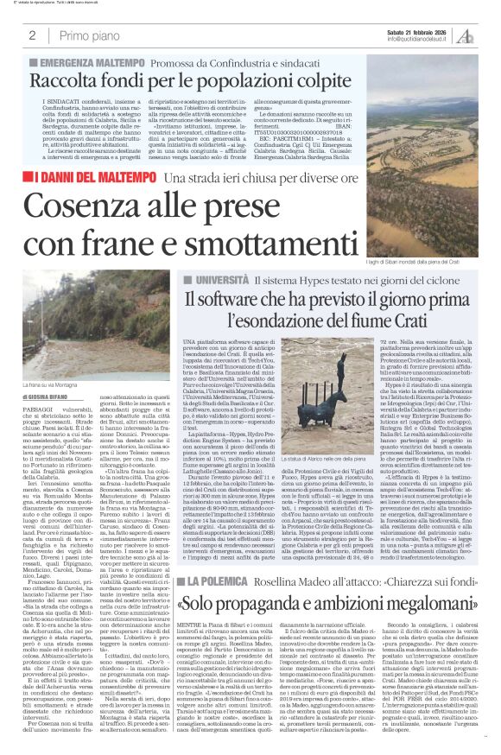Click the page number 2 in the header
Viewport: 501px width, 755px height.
[x=32, y=35]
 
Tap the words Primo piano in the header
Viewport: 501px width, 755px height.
[x=86, y=35]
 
